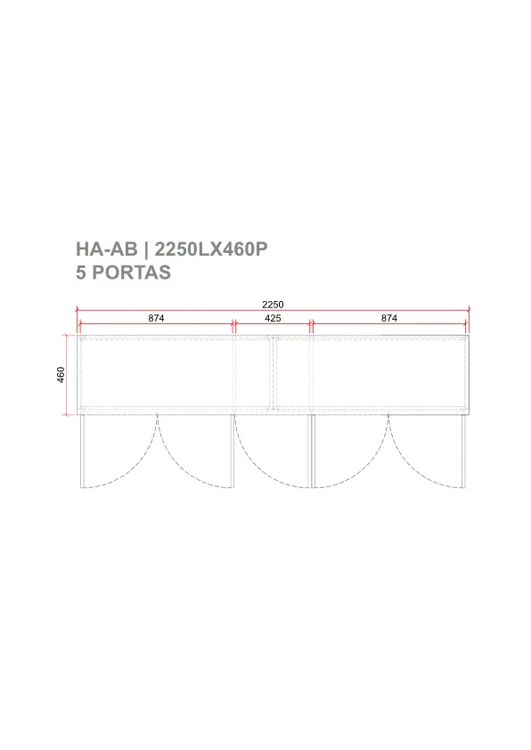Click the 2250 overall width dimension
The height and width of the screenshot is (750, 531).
(x=273, y=305)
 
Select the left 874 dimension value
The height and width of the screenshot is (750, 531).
(x=156, y=318)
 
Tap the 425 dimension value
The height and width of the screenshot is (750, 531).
(x=273, y=318)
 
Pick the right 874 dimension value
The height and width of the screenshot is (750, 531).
(x=389, y=318)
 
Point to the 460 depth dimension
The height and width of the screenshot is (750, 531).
(x=61, y=374)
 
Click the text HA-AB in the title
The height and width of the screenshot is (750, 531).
(x=107, y=249)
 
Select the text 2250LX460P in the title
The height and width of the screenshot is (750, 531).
(x=211, y=249)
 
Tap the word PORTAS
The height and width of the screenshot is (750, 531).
(x=131, y=273)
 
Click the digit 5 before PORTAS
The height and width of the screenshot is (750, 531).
(x=81, y=273)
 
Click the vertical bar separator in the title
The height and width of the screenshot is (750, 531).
(x=146, y=249)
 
